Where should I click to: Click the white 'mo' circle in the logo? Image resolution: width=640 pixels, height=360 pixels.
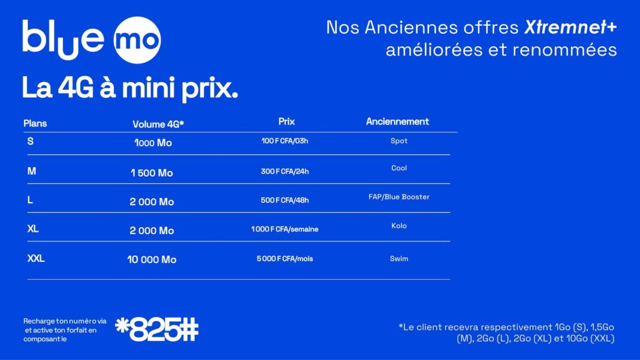[137, 40]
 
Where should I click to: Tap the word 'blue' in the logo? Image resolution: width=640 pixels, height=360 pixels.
[64, 40]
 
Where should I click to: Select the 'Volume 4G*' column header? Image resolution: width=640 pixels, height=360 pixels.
[158, 124]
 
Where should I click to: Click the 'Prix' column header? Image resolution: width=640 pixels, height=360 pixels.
[286, 122]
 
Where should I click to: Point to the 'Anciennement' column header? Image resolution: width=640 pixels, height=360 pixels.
[397, 122]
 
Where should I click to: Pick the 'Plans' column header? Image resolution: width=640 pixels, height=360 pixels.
[35, 123]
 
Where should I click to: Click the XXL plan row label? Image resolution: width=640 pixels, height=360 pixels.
[36, 258]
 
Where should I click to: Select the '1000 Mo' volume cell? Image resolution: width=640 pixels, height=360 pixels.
[153, 143]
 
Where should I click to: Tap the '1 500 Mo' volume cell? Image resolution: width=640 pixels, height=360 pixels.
[152, 173]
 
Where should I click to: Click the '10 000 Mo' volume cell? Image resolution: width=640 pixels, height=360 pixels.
[152, 259]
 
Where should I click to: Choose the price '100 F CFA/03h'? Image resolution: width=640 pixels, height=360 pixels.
[285, 141]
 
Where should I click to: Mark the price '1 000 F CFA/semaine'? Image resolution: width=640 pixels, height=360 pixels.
[285, 229]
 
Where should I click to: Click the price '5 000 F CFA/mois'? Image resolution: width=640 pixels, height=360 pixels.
[285, 259]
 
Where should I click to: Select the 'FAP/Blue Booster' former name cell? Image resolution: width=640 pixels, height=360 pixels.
[399, 196]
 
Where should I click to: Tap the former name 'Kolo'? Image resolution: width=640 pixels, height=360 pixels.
[399, 226]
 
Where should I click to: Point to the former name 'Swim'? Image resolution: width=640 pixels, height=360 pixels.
[399, 259]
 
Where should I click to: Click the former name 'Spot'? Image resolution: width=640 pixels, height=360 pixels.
[399, 141]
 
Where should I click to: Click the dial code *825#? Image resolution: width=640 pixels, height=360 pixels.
[157, 329]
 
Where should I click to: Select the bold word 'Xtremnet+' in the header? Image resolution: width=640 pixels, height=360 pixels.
[570, 28]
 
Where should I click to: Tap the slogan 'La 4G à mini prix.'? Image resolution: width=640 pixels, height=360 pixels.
[130, 88]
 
